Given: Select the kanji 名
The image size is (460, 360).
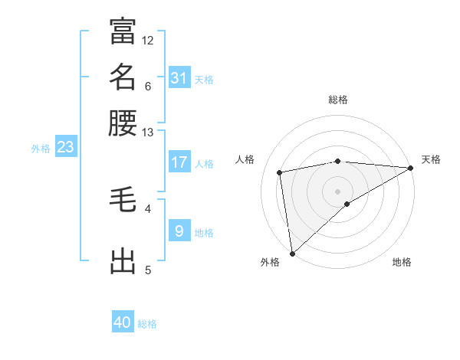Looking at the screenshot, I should coord(123,77).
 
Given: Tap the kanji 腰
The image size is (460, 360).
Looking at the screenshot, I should coord(123,123).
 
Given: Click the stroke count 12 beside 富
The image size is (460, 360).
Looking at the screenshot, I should coord(148,40).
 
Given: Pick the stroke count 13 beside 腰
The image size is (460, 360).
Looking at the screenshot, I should coord(148,133).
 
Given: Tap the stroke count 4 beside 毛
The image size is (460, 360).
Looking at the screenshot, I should coord(148,208).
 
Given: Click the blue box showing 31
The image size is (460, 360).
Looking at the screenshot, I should coord(179,78).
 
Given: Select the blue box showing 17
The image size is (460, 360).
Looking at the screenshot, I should coord(179,162).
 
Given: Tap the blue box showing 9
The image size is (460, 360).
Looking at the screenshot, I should coord(179,230).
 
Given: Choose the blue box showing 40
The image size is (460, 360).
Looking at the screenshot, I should coord(123,323).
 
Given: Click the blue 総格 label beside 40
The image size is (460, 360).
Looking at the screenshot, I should coord(147,324).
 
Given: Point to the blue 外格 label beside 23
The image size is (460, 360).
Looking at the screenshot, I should coord(41,149).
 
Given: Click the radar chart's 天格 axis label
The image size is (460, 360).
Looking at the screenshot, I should coord(431,159).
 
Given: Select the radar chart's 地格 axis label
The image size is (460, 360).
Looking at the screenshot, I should coord(402,262).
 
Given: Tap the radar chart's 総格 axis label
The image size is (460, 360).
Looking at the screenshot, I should coord(338,100).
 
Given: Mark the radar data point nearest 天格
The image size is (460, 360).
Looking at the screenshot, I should coord(410,169).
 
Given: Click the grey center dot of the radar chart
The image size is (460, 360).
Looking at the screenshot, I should coord(338,190).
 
